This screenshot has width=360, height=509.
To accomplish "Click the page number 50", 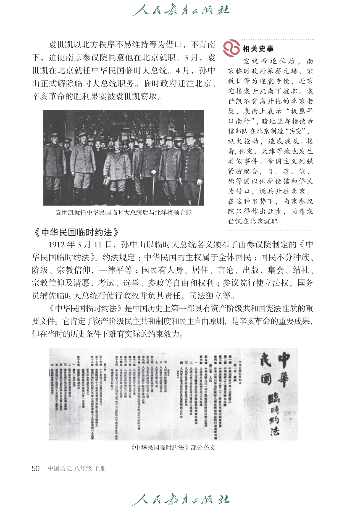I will (x=36, y=468).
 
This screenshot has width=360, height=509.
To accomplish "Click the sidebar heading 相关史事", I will (x=258, y=49).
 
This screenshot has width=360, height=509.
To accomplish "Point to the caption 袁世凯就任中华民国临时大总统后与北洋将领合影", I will (x=123, y=212).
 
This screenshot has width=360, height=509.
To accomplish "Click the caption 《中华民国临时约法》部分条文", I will (x=173, y=447).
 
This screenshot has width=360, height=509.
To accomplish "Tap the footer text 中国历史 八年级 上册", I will (x=77, y=468).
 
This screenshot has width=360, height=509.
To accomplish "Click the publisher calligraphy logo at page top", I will (x=180, y=10).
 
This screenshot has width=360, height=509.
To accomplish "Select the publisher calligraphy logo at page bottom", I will (x=180, y=499).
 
